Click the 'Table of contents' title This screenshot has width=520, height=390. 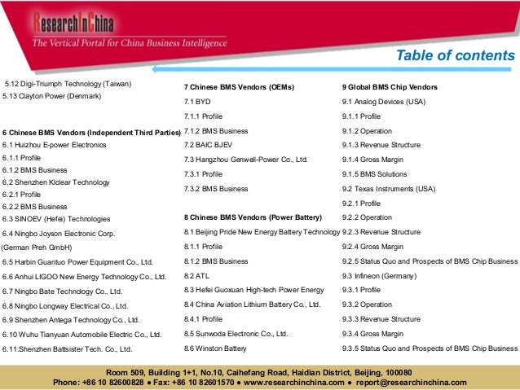(x=455, y=56)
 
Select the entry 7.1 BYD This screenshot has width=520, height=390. (x=197, y=102)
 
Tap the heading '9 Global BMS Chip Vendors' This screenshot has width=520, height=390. (x=390, y=86)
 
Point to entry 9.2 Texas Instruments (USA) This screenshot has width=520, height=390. (x=383, y=188)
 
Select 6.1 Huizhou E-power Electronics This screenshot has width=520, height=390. (x=55, y=145)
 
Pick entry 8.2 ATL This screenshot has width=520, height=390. (x=196, y=276)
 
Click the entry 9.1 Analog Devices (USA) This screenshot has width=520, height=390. (x=384, y=102)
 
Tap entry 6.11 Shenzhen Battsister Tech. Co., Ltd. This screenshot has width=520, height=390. (x=67, y=349)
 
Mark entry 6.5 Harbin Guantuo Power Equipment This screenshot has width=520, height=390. (x=77, y=262)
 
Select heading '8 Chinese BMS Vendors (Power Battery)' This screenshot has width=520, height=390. (x=253, y=217)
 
